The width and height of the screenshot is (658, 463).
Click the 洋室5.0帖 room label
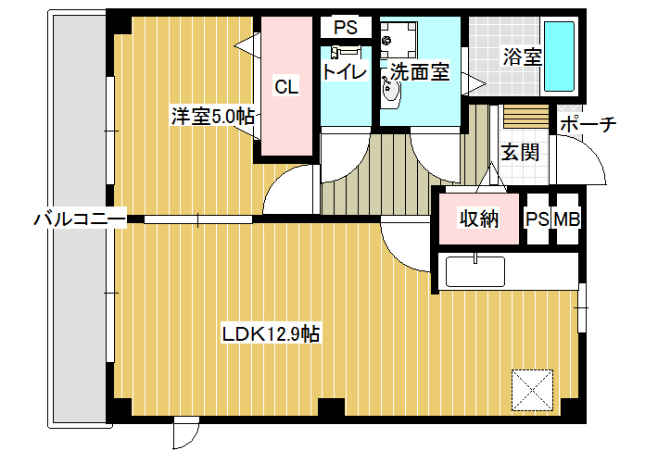(213, 116)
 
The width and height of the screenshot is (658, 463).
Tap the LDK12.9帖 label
(271, 334)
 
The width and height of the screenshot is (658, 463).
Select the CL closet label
(286, 86)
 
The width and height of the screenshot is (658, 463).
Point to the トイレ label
(345, 71)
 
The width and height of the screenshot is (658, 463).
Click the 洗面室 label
(420, 71)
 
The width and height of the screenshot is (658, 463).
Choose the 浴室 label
(523, 56)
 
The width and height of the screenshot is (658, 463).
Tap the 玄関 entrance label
(520, 152)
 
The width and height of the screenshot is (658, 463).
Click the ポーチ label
(588, 124)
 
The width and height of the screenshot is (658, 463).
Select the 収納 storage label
(479, 219)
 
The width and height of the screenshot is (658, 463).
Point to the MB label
(567, 219)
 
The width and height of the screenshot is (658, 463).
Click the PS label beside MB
(538, 219)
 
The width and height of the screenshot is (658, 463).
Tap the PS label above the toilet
(346, 28)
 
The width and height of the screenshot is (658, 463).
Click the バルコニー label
(80, 219)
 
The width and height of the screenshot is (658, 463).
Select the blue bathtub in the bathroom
(559, 56)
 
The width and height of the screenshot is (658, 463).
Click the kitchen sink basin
(475, 271)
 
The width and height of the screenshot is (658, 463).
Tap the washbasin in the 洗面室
(391, 91)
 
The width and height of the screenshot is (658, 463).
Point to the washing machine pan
(399, 40)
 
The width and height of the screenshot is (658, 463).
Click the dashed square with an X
(532, 390)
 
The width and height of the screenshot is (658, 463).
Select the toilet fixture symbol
(346, 52)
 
